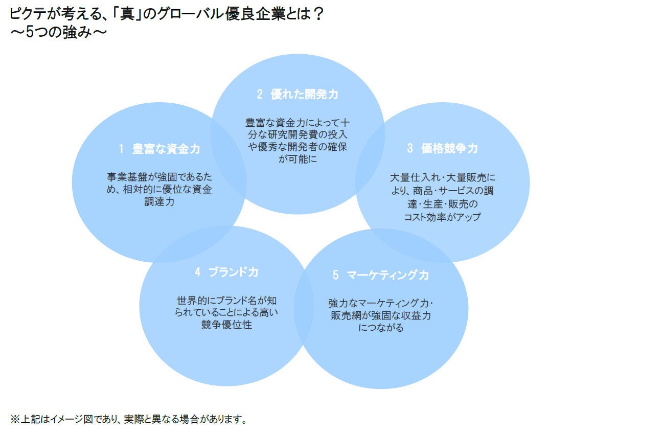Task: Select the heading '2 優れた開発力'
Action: coord(297,94)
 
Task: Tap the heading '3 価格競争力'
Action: coord(442,148)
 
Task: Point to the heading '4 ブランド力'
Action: coord(226,272)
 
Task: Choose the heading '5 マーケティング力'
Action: coord(380,275)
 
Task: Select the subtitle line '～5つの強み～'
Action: coord(58,33)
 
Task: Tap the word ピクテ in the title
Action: coord(25,14)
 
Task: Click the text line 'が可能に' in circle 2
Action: coord(297,159)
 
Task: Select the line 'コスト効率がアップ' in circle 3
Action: coord(442,217)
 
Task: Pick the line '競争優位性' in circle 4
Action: coord(226,325)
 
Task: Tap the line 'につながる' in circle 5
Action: coord(381,328)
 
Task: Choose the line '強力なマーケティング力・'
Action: coord(381,303)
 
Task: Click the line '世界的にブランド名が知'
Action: coord(226,299)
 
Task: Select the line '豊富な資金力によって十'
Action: coord(297,123)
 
